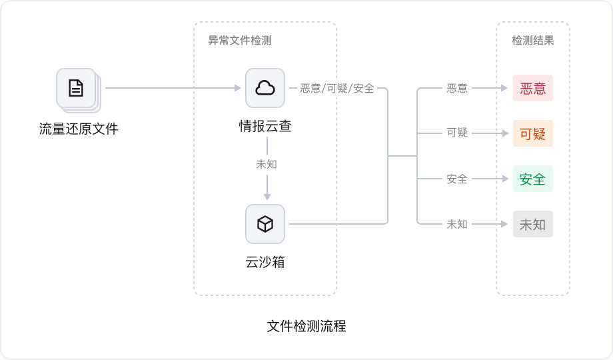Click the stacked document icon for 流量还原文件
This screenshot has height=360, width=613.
click(x=77, y=89)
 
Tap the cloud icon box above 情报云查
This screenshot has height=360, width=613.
click(x=265, y=88)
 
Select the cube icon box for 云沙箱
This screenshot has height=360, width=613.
click(x=265, y=224)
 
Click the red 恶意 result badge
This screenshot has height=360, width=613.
click(x=533, y=88)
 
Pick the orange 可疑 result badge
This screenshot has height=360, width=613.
click(x=533, y=133)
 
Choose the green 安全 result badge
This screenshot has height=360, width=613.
click(x=533, y=179)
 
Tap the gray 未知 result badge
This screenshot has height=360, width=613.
click(x=533, y=224)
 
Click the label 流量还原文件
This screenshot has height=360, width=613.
click(x=79, y=129)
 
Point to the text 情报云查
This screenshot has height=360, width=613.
click(x=265, y=125)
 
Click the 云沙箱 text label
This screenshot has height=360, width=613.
click(x=265, y=262)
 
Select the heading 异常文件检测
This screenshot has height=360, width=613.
click(x=240, y=41)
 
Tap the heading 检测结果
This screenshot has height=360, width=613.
click(x=532, y=41)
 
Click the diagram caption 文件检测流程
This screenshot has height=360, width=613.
click(x=306, y=327)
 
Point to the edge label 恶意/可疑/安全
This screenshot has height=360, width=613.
click(x=337, y=88)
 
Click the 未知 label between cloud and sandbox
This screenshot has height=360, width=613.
click(x=266, y=164)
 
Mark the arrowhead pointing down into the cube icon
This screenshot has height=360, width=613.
click(x=266, y=197)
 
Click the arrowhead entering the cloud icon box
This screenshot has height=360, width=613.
click(x=237, y=88)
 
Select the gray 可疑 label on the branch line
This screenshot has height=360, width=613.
click(x=457, y=133)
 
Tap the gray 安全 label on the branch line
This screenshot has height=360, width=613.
click(x=457, y=179)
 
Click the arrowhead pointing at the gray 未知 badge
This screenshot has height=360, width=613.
click(x=504, y=224)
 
